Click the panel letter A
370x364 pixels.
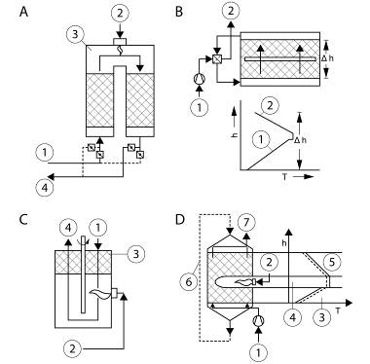click(x=23, y=12)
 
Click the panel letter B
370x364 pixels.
click(x=179, y=12)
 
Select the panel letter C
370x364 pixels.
click(x=23, y=220)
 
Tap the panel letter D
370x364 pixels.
click(x=179, y=220)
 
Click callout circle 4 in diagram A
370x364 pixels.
click(x=45, y=188)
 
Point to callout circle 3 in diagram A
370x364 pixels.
click(x=75, y=34)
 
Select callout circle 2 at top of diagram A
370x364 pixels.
click(x=120, y=13)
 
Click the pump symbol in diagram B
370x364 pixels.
click(x=199, y=79)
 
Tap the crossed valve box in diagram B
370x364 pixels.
click(x=217, y=59)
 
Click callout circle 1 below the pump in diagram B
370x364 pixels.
click(x=199, y=107)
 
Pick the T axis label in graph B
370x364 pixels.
click(x=284, y=176)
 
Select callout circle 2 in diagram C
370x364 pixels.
click(x=72, y=348)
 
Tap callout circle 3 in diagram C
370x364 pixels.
click(x=135, y=254)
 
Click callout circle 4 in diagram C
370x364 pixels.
click(x=68, y=229)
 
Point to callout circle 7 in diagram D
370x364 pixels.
click(x=246, y=223)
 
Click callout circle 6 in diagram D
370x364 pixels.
click(x=189, y=282)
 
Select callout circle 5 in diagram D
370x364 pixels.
click(x=331, y=262)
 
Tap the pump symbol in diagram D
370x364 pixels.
click(x=258, y=320)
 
